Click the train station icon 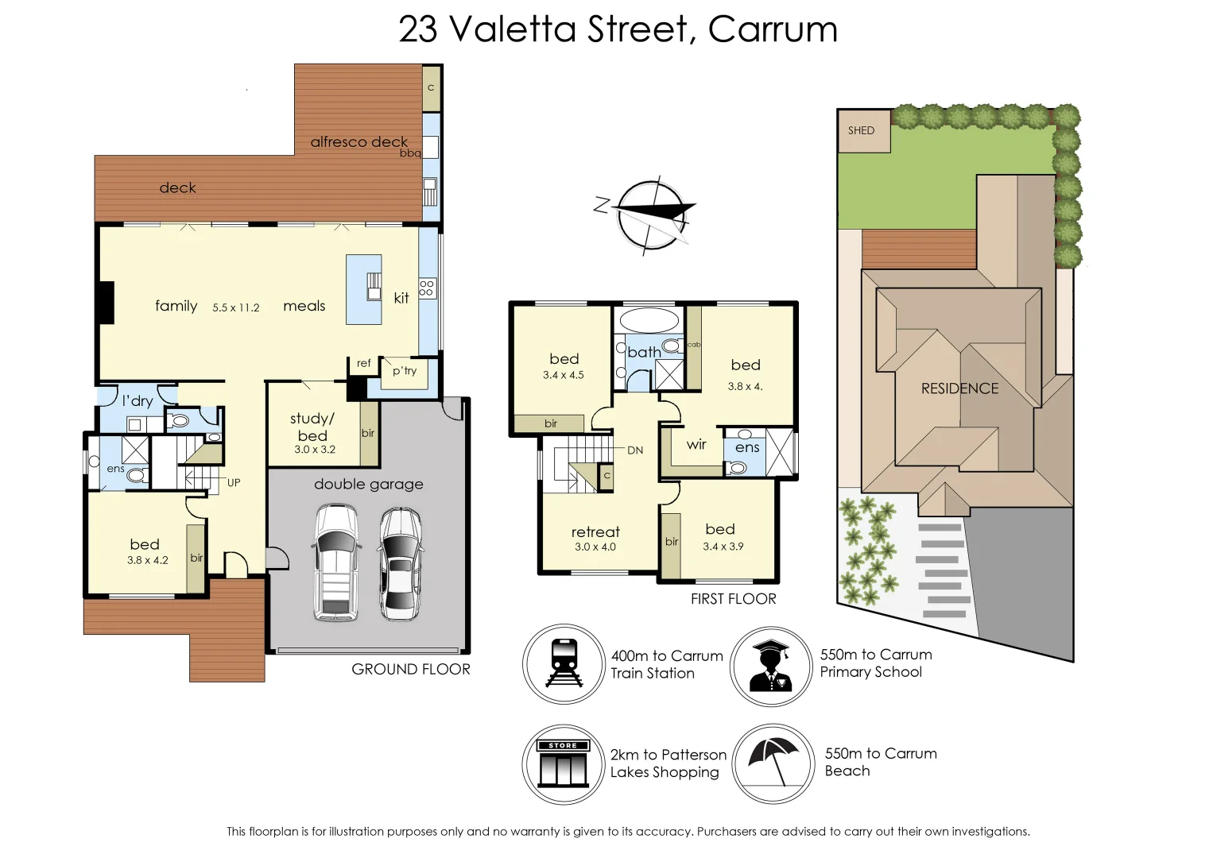point(564,663)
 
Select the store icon point(563,763)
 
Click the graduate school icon point(770,666)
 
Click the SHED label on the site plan point(861,130)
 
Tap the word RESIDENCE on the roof point(959,388)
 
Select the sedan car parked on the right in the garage point(399,563)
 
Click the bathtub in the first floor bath point(649,320)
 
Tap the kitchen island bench point(363,289)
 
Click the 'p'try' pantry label point(405,370)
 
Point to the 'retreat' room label point(595,532)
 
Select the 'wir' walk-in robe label point(696,444)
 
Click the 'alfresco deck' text point(358,142)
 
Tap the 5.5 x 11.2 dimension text point(236,307)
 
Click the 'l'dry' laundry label point(138,400)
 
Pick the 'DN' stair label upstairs point(635,450)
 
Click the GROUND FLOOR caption point(411,670)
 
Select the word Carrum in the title point(772,30)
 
